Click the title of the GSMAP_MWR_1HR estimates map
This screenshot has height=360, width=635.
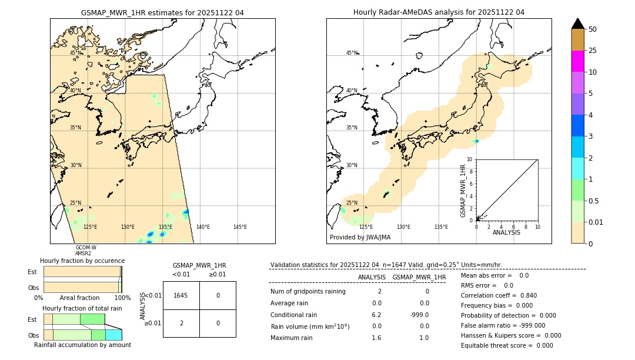162,12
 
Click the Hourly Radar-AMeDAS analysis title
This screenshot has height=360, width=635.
439,12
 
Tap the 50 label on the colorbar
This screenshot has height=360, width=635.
593,29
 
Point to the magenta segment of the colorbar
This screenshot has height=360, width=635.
577,61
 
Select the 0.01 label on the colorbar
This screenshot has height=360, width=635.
596,222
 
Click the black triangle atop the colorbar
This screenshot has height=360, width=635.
577,24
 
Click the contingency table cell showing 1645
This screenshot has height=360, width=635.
181,295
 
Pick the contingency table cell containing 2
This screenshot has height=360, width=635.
181,323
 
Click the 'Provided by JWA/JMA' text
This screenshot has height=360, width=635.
360,238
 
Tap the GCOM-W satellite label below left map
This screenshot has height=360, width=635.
86,248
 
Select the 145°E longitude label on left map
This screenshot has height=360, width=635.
240,227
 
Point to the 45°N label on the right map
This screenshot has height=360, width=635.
352,53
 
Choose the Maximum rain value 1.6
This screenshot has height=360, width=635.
376,338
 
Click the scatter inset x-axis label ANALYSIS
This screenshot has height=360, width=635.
506,232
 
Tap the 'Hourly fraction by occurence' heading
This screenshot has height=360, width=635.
82,261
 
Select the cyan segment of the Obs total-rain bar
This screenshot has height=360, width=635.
113,335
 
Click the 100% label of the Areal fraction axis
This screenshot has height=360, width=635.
122,298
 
